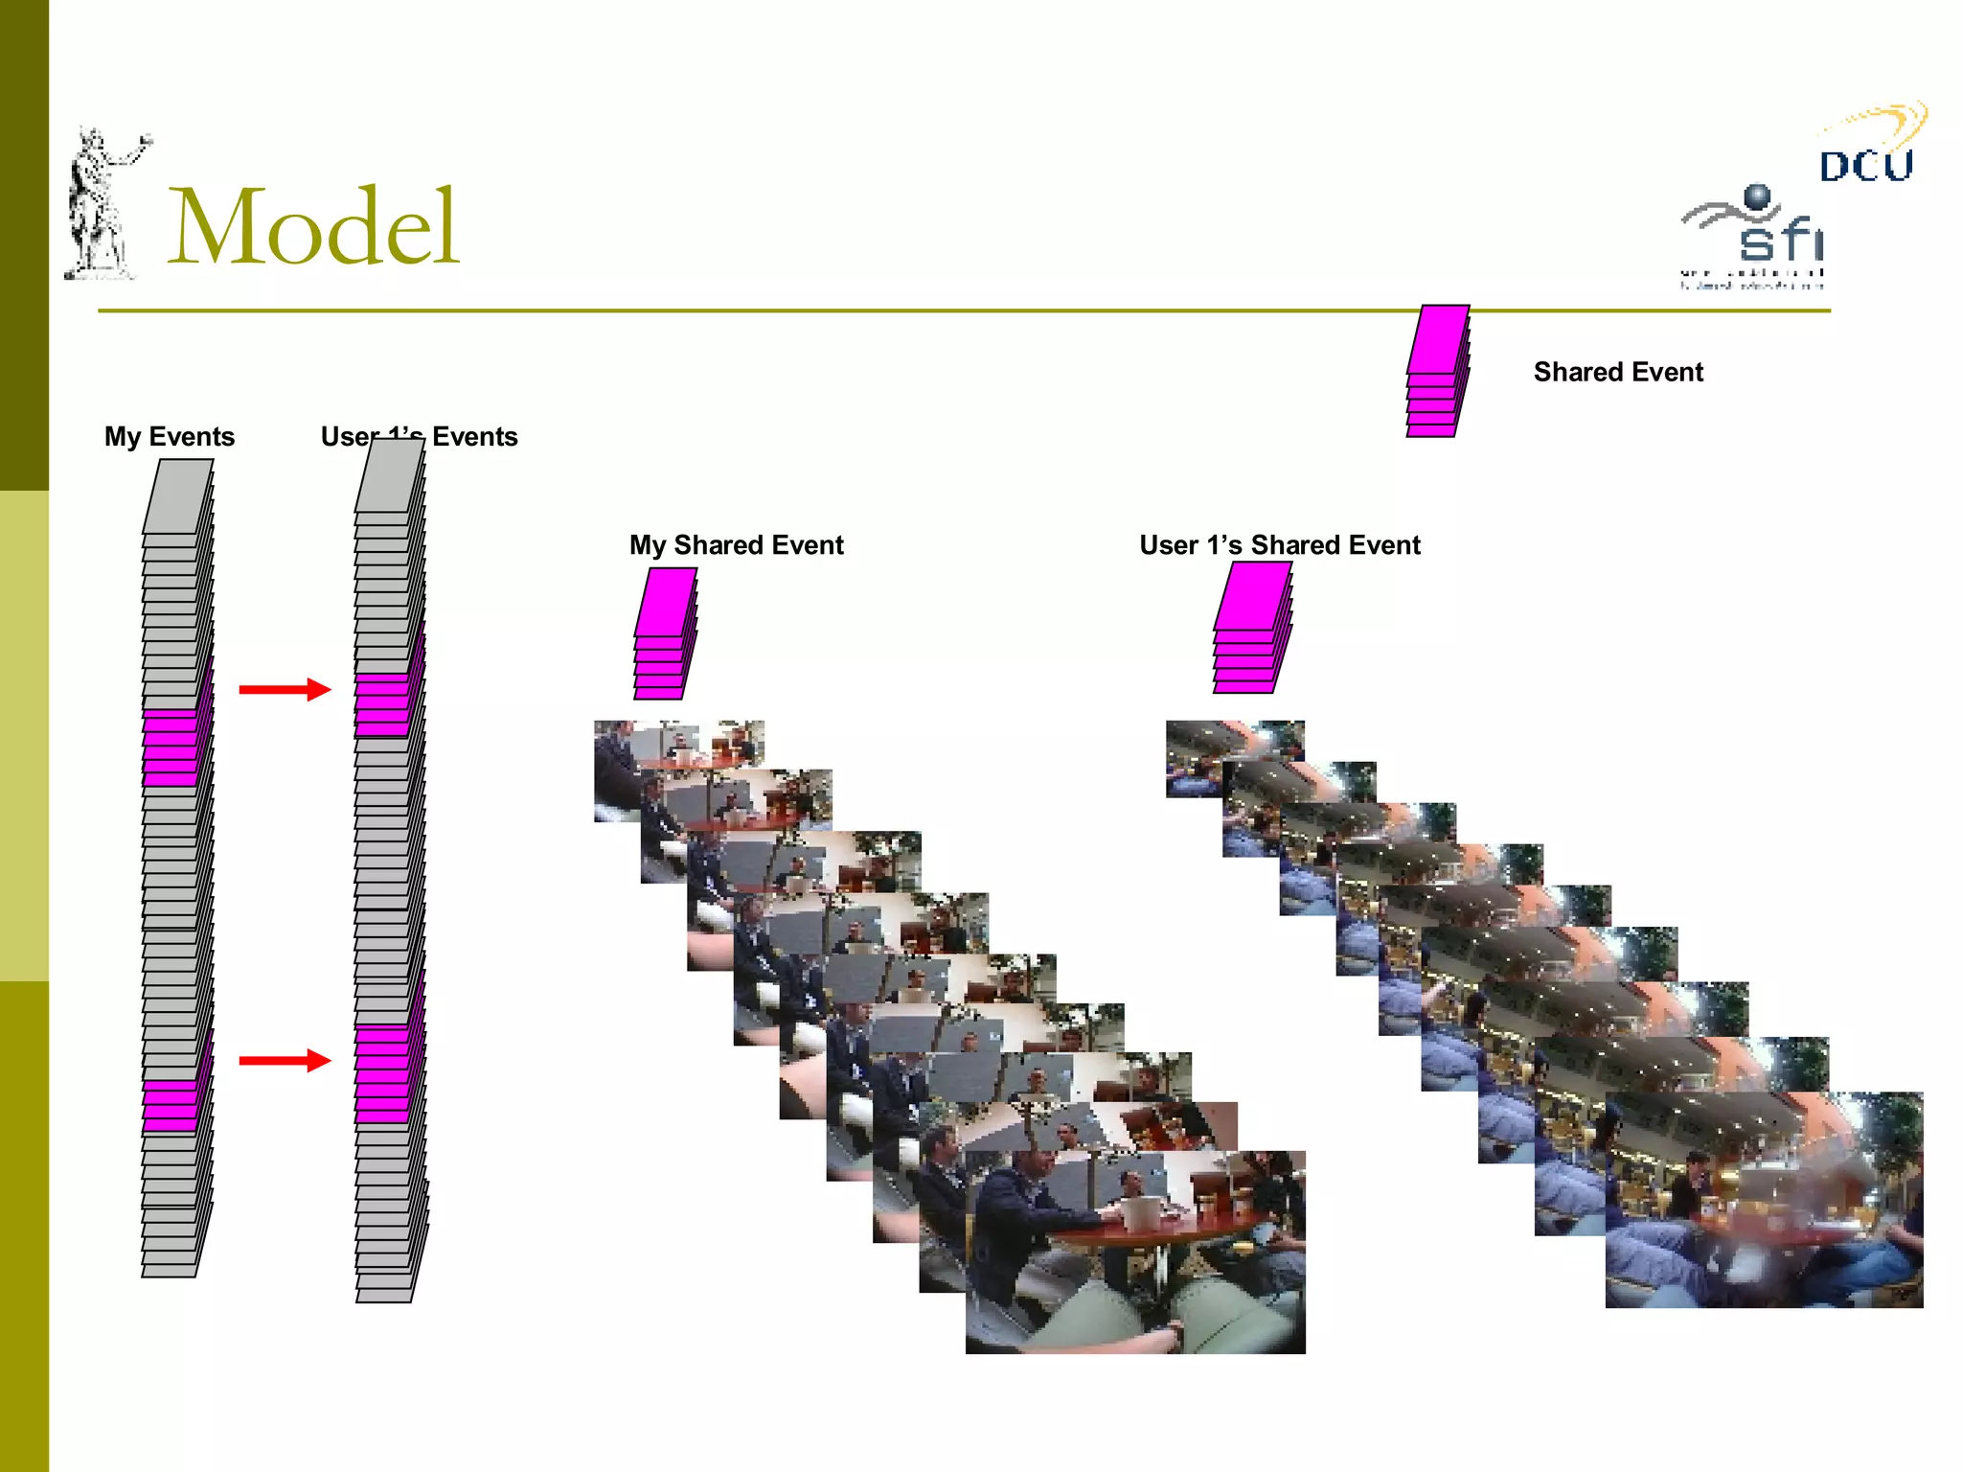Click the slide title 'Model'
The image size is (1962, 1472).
pos(313,227)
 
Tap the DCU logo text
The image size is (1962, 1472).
pos(1865,165)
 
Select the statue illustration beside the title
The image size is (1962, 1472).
pos(101,206)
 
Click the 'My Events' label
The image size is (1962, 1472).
pos(170,437)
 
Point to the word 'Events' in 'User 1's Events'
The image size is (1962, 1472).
pos(474,437)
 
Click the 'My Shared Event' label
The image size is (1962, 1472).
pos(736,545)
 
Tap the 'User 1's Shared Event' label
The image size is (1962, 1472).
pos(1279,545)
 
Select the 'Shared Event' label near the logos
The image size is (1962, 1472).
pos(1618,372)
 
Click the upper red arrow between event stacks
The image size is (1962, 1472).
pos(285,689)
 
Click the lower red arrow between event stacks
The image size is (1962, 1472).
pos(285,1060)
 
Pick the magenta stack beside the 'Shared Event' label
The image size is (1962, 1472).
pos(1437,371)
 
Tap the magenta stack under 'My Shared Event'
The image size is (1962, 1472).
pos(664,633)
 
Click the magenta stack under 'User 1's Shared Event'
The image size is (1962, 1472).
pos(1251,628)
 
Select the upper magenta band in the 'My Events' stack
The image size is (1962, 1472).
pos(171,747)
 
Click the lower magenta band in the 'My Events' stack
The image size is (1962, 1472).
pos(171,1105)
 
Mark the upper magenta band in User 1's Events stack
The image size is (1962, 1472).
pos(382,704)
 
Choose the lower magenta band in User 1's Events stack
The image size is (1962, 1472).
pos(382,1073)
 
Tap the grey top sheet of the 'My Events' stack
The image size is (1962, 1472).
pos(178,495)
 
